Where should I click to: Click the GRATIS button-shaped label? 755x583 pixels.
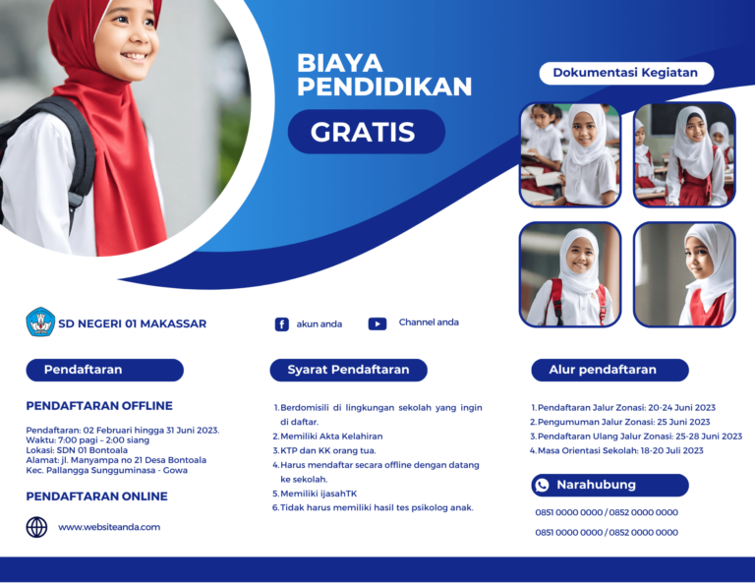(x=367, y=132)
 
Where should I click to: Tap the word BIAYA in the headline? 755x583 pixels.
(x=340, y=63)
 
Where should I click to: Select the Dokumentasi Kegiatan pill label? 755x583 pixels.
(x=626, y=73)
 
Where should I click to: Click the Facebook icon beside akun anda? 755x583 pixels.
(x=282, y=324)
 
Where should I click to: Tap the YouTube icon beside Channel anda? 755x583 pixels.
(x=377, y=324)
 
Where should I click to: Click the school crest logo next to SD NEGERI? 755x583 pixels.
(x=40, y=322)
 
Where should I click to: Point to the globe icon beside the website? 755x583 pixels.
(x=36, y=527)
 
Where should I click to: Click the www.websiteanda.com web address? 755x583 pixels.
(x=109, y=527)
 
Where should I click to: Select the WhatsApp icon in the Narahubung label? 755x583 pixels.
(x=543, y=485)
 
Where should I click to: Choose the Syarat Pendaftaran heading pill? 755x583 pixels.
(x=349, y=370)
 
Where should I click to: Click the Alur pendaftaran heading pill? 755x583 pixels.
(x=610, y=370)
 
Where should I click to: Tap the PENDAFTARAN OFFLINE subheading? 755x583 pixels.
(x=99, y=406)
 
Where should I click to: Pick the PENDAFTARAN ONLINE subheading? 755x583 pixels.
(x=96, y=496)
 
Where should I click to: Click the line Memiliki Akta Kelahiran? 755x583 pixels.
(x=331, y=437)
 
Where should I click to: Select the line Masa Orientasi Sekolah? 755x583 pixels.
(x=620, y=450)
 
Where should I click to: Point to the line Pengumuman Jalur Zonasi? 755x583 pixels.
(x=623, y=422)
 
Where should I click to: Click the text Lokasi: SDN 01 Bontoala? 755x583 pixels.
(x=77, y=450)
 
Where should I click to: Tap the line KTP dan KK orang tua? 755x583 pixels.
(x=328, y=450)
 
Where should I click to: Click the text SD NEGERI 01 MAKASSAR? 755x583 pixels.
(x=133, y=324)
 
